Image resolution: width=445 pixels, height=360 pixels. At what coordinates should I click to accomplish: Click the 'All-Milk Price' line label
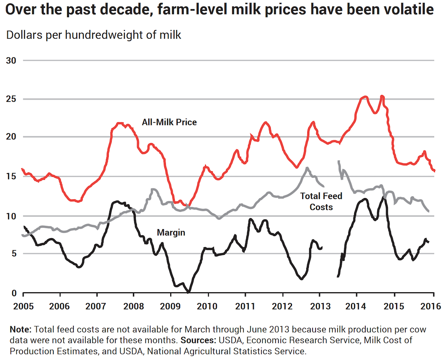tap(169, 122)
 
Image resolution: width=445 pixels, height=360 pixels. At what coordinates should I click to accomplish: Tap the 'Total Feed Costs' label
tap(321, 201)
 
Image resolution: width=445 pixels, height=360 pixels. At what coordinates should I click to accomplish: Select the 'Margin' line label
tap(171, 233)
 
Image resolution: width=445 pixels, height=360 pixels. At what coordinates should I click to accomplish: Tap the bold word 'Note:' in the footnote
tap(21, 329)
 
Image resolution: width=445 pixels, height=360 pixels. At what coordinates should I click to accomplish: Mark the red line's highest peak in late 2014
tap(382, 96)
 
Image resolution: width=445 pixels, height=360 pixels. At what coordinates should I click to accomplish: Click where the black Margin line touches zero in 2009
tap(189, 292)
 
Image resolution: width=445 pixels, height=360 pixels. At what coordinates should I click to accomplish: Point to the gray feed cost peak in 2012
tap(307, 168)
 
